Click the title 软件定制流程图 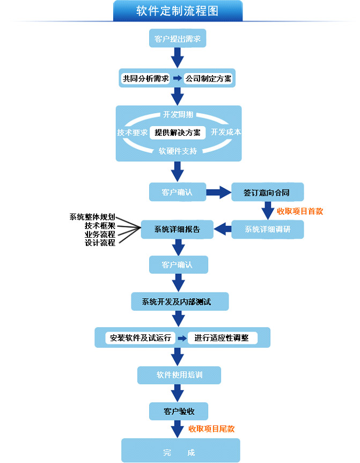[177, 11]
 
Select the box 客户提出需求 [178, 38]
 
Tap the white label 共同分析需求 [145, 78]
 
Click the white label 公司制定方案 [208, 78]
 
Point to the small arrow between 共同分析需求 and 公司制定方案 [177, 78]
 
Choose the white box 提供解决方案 [178, 133]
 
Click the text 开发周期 [178, 114]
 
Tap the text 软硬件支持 [178, 151]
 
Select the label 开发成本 [226, 132]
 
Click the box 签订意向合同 [268, 192]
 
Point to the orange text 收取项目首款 [300, 211]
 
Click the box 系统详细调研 [268, 229]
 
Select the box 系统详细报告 [177, 229]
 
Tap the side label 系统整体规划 [92, 217]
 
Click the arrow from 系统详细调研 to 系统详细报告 [223, 229]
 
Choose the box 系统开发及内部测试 [180, 302]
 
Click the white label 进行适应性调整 [222, 337]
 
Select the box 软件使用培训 [179, 375]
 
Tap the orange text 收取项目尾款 [211, 429]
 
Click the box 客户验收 [179, 411]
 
